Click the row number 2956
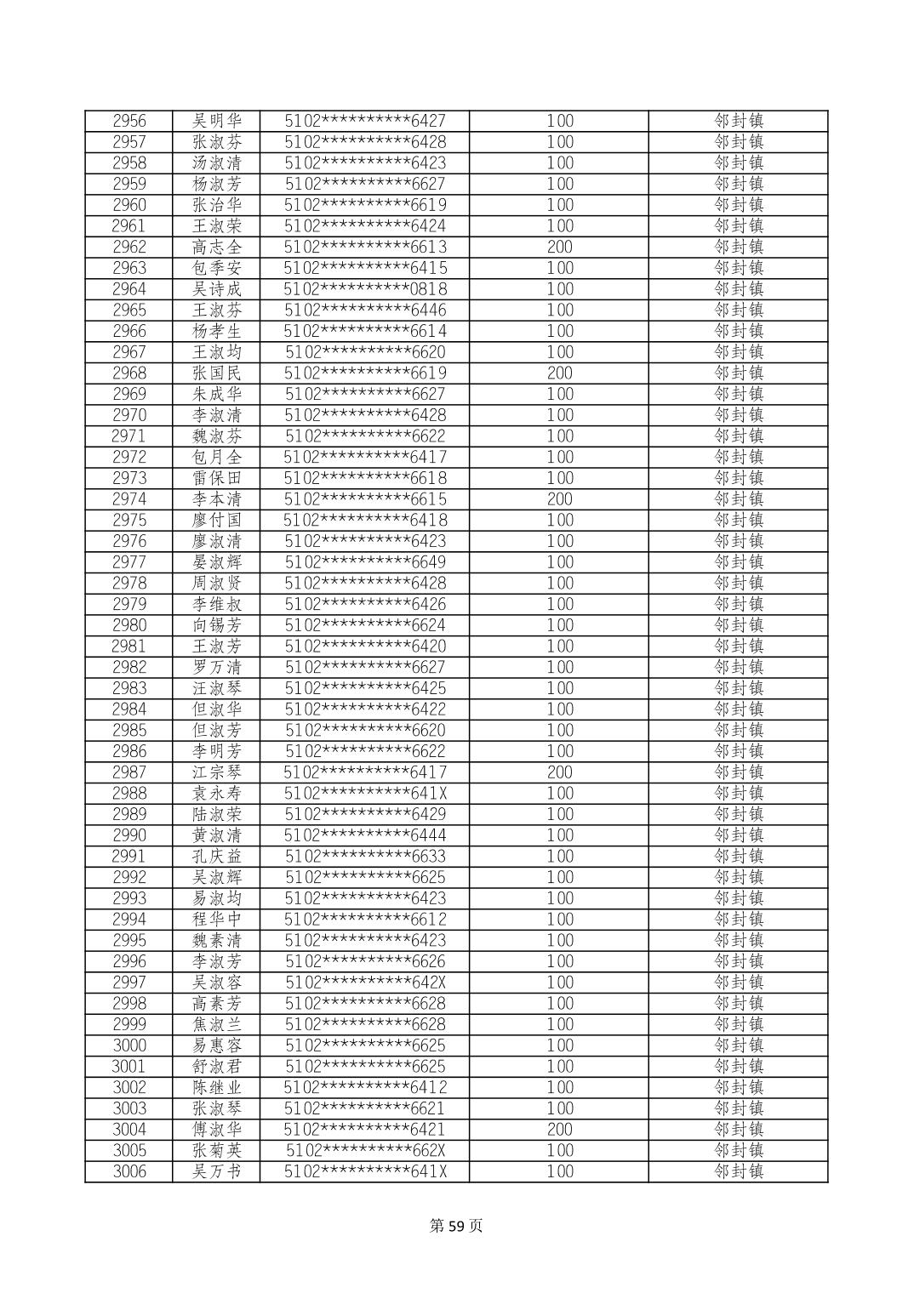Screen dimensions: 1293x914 (129, 121)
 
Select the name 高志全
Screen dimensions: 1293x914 (217, 247)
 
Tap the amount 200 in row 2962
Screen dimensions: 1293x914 (559, 247)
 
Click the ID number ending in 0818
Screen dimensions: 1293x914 (365, 289)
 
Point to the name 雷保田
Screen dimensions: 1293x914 (217, 478)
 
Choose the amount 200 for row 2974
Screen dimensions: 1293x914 (559, 499)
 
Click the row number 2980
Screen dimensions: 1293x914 (129, 625)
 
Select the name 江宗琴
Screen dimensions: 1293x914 (217, 772)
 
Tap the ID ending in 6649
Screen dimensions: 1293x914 (365, 562)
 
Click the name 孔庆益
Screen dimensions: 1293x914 (217, 857)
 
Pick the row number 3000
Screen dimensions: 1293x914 (129, 1045)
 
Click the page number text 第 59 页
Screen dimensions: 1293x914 (456, 1226)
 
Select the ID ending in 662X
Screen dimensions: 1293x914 (365, 1150)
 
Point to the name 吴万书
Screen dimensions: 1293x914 (217, 1171)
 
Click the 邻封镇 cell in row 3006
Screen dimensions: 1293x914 (738, 1171)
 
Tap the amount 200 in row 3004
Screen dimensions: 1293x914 (559, 1130)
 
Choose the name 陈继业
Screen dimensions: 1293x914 (217, 1087)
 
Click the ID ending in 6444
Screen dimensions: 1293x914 (365, 835)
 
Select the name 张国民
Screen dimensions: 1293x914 (217, 373)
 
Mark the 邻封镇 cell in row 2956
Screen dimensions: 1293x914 (738, 121)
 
